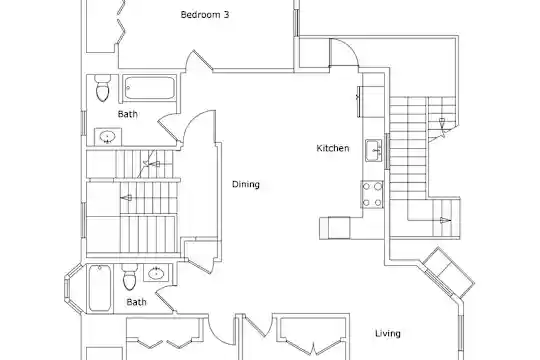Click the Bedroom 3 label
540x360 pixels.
pyautogui.click(x=205, y=15)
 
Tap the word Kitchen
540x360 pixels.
pyautogui.click(x=333, y=148)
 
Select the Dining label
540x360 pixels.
pyautogui.click(x=246, y=184)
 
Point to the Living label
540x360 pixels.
pyautogui.click(x=387, y=333)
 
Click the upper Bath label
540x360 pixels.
pyautogui.click(x=127, y=114)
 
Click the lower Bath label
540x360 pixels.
pyautogui.click(x=136, y=302)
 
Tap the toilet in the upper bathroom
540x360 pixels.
pyautogui.click(x=103, y=88)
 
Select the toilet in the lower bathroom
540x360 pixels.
pyautogui.click(x=129, y=277)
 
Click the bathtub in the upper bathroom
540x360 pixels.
pyautogui.click(x=149, y=88)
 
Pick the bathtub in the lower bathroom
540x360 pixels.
pyautogui.click(x=100, y=288)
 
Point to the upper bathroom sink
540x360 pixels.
pyautogui.click(x=108, y=137)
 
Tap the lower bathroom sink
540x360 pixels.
pyautogui.click(x=156, y=273)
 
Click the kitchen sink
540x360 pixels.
pyautogui.click(x=374, y=150)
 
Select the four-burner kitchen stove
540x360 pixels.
pyautogui.click(x=372, y=195)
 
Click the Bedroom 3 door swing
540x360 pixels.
pyautogui.click(x=199, y=62)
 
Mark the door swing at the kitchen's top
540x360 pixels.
pyautogui.click(x=344, y=52)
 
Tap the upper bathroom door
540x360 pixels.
pyautogui.click(x=169, y=128)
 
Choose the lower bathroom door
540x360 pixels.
pyautogui.click(x=165, y=300)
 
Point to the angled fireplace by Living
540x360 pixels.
pyautogui.click(x=449, y=272)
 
